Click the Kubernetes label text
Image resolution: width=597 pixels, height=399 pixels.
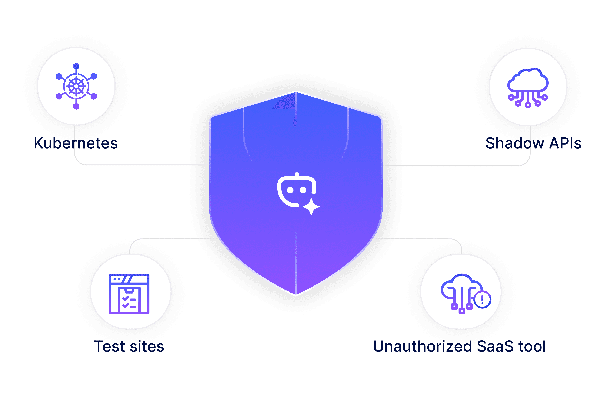click(76, 143)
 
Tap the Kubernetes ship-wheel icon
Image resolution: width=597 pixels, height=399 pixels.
click(76, 86)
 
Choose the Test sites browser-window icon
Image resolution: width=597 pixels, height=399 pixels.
click(129, 294)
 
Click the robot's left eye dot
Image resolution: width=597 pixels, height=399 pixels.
click(290, 190)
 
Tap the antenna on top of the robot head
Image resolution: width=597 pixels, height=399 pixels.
click(297, 175)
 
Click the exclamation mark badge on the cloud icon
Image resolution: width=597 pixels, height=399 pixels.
click(482, 300)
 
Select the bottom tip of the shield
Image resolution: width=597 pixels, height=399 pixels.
click(296, 295)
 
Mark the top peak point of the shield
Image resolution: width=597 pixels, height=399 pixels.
click(296, 91)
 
